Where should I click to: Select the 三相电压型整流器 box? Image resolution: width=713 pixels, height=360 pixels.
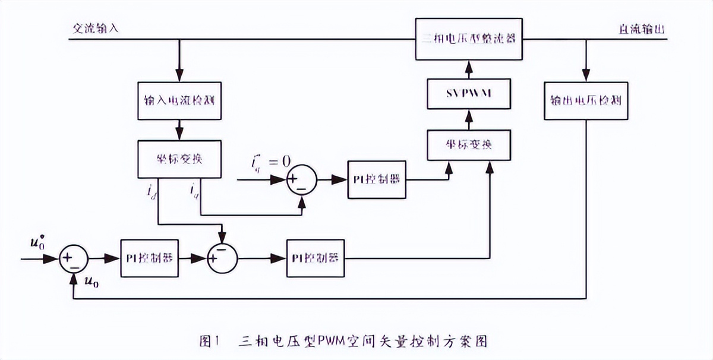coord(468,39)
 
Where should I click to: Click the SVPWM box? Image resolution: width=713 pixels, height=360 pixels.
coord(467,94)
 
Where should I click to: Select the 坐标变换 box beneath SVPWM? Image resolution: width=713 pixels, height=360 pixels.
coord(468,146)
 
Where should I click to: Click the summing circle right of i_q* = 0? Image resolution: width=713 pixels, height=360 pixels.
coord(301,179)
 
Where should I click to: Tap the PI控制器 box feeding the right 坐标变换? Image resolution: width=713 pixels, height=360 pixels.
coord(377,179)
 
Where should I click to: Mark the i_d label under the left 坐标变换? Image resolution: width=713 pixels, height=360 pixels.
coord(152,191)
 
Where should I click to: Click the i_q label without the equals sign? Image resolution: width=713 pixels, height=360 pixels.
coord(194,191)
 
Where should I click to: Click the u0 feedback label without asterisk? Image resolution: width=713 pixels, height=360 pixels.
coord(93,282)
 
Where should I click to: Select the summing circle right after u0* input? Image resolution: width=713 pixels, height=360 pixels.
coord(73,258)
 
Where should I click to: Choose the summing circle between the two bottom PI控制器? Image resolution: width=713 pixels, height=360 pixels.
coord(222,258)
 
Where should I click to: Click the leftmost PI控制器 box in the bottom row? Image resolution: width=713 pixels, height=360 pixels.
coord(150,258)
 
